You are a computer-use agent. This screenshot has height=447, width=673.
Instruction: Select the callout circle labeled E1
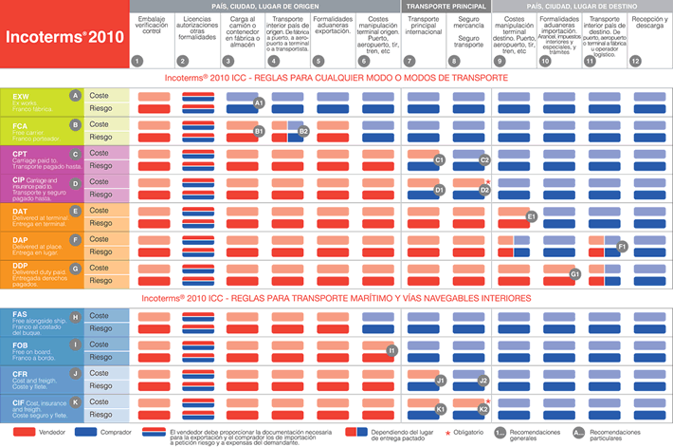pyautogui.click(x=532, y=216)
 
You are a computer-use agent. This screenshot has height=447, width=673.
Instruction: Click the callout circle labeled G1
pyautogui.click(x=574, y=274)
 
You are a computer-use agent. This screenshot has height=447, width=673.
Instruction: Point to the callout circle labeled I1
pyautogui.click(x=391, y=351)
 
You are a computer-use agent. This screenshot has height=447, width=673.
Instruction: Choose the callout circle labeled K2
pyautogui.click(x=483, y=409)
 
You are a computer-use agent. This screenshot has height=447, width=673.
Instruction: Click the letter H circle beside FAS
pyautogui.click(x=75, y=316)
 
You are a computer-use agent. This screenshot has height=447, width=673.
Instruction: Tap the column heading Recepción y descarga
pyautogui.click(x=648, y=24)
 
